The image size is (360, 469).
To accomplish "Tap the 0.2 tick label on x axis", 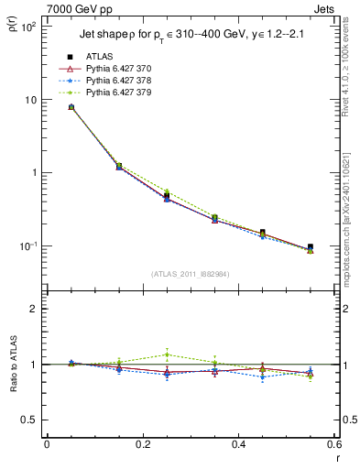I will [x=142, y=444].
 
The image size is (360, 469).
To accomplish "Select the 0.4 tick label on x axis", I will [x=238, y=444].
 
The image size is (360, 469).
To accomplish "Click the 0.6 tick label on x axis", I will [x=333, y=444].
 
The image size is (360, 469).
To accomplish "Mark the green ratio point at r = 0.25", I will [x=167, y=354].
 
